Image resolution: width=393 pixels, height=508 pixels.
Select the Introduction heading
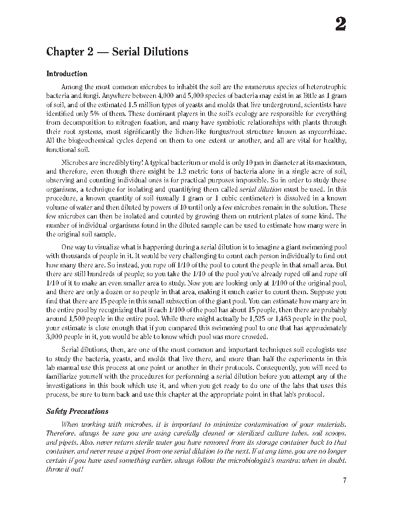[x=67, y=74]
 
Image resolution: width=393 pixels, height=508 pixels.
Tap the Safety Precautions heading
[x=77, y=411]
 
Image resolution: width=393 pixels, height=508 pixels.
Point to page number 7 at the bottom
[x=344, y=480]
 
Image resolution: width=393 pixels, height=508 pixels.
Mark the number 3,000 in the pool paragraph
[x=56, y=337]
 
